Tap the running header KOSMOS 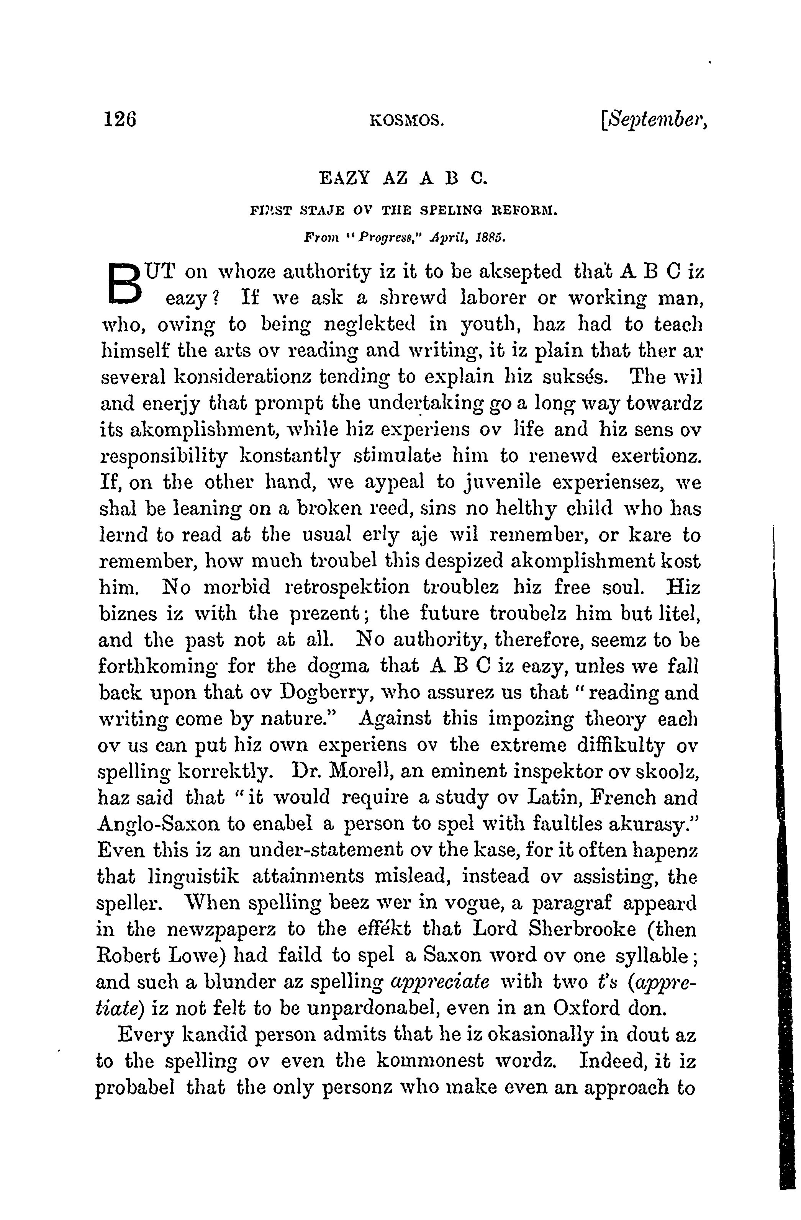tap(406, 121)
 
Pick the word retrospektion tap(347, 587)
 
